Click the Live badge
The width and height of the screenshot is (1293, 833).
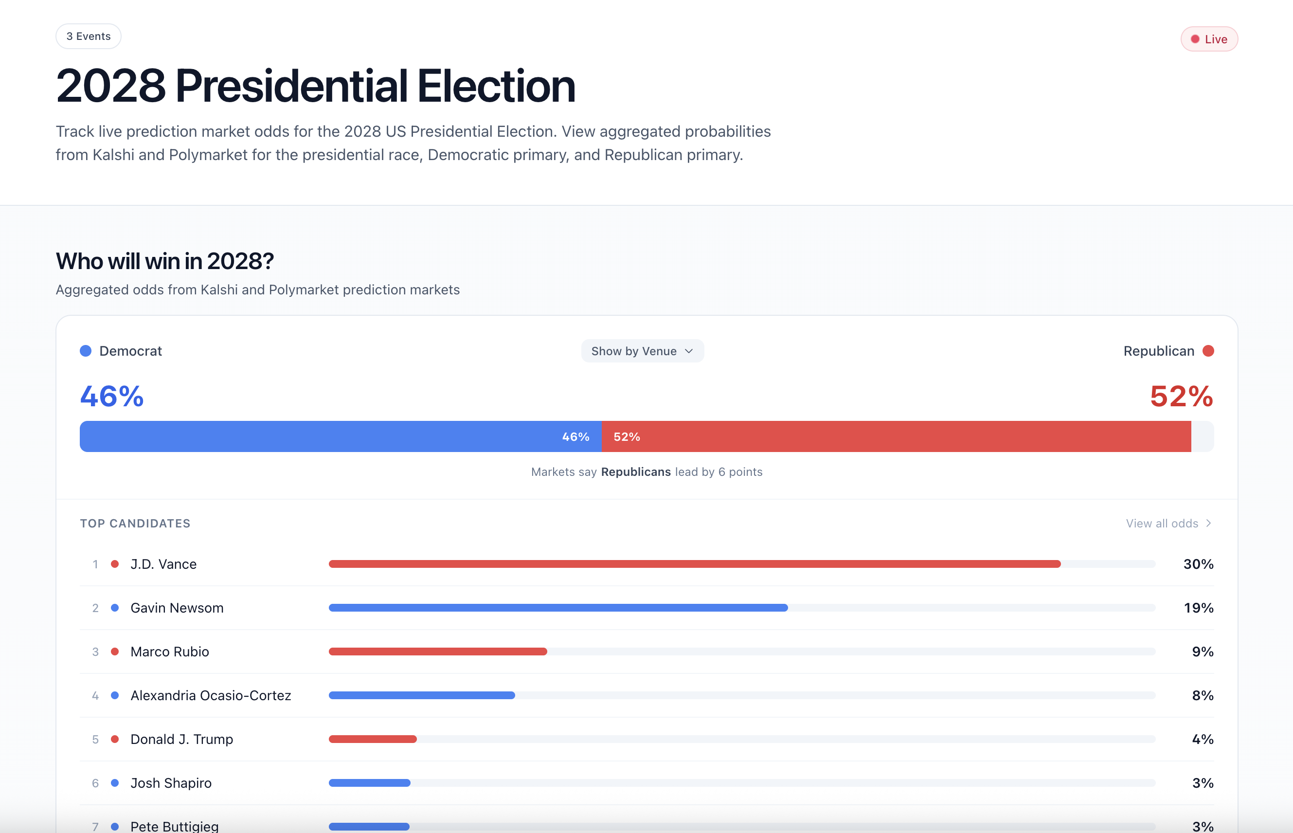(1209, 39)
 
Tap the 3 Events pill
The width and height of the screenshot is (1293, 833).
(89, 36)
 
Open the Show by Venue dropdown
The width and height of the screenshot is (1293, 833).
(642, 351)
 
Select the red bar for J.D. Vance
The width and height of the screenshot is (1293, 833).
(694, 564)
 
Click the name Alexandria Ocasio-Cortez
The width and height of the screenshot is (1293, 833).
(211, 696)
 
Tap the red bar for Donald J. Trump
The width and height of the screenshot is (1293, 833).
(373, 739)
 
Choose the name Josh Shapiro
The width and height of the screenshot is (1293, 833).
(171, 783)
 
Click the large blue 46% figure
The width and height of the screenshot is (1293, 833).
(112, 396)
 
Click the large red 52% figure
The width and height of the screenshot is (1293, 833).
(1181, 396)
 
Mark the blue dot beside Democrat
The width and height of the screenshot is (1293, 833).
(86, 351)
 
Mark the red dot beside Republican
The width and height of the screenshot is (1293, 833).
(1208, 351)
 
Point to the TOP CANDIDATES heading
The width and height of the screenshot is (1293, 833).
(135, 523)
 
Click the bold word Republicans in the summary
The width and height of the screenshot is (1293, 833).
(635, 471)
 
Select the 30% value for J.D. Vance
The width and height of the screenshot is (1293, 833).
(1198, 564)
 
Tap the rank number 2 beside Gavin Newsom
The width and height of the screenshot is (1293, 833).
(95, 608)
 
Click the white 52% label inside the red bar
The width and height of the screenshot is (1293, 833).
(626, 436)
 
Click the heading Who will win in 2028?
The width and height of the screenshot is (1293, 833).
(165, 261)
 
